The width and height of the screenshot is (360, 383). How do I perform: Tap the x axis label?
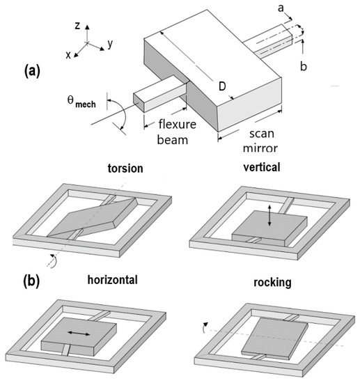68,55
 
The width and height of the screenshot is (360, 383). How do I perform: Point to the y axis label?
110,44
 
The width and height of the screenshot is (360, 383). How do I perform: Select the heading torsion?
127,169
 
